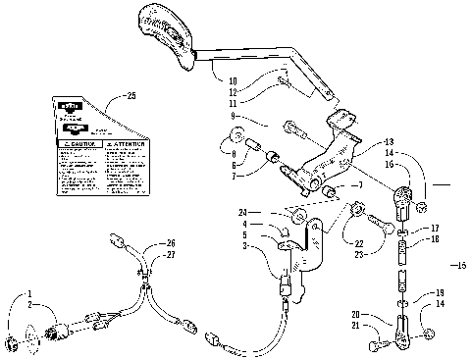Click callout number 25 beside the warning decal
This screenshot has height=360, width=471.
click(132, 95)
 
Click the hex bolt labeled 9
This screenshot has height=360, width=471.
click(292, 127)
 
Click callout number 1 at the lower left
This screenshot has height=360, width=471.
click(29, 293)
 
